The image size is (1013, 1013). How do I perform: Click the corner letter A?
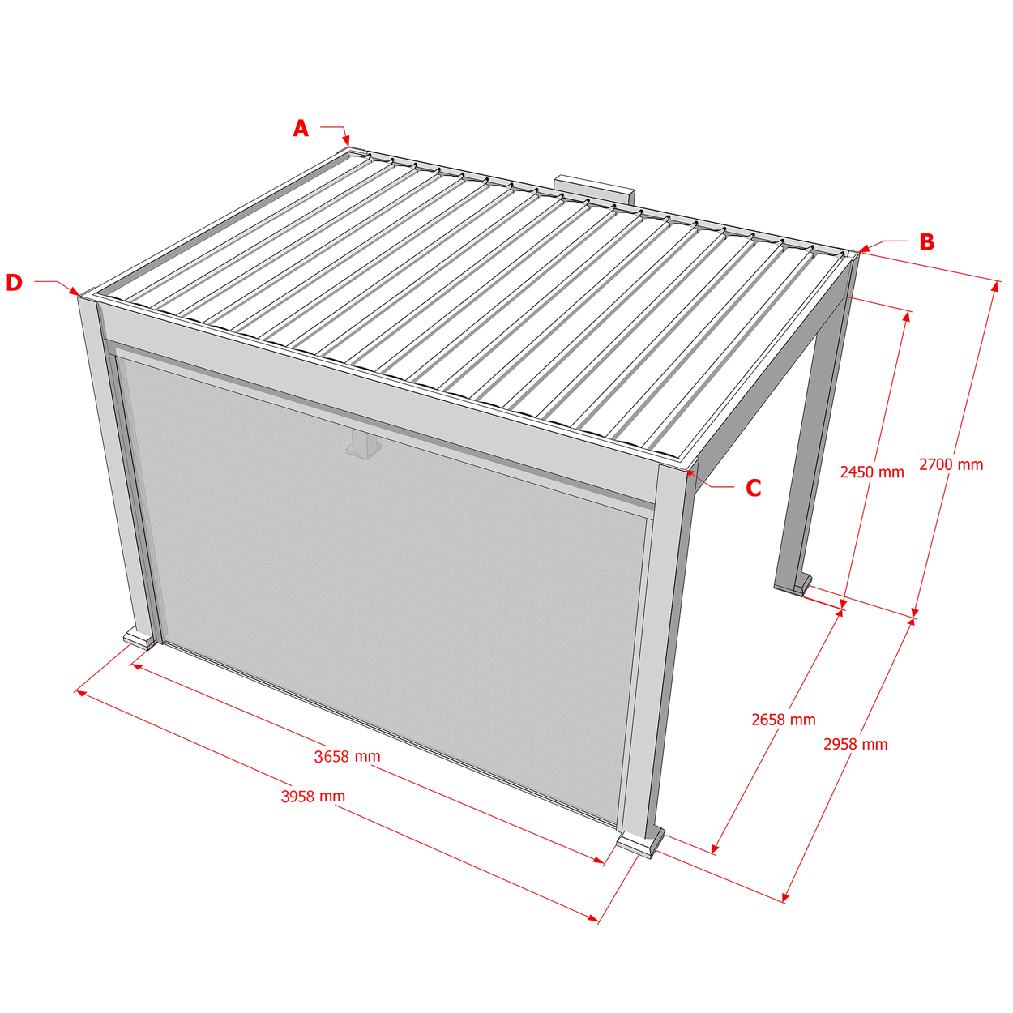pyautogui.click(x=301, y=128)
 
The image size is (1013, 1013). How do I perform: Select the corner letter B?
pyautogui.click(x=927, y=241)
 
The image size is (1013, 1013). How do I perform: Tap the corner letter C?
pyautogui.click(x=754, y=488)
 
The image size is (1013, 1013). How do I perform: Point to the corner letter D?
pyautogui.click(x=15, y=282)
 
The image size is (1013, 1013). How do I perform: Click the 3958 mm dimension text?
pyautogui.click(x=314, y=797)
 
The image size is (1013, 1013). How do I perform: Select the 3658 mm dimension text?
pyautogui.click(x=347, y=756)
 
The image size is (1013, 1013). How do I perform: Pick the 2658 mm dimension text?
pyautogui.click(x=784, y=720)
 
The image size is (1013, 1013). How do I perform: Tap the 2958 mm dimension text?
pyautogui.click(x=855, y=745)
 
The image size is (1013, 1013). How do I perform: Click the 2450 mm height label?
pyautogui.click(x=872, y=472)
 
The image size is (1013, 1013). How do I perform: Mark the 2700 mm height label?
pyautogui.click(x=951, y=464)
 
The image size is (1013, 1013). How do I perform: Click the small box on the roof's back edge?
pyautogui.click(x=595, y=190)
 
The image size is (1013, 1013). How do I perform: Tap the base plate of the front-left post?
pyautogui.click(x=139, y=638)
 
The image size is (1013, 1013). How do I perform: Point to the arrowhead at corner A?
pyautogui.click(x=346, y=141)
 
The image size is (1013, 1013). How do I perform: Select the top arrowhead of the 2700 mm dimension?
pyautogui.click(x=994, y=286)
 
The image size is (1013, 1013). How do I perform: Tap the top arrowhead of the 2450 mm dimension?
pyautogui.click(x=906, y=316)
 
